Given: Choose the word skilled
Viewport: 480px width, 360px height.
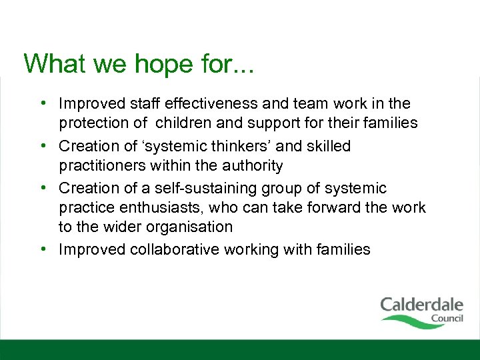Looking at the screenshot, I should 326,146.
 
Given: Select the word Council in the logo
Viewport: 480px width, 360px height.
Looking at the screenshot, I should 447,319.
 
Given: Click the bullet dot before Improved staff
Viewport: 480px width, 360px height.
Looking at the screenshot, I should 42,103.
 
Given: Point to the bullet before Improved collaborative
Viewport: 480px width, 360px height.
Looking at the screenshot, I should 42,249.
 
